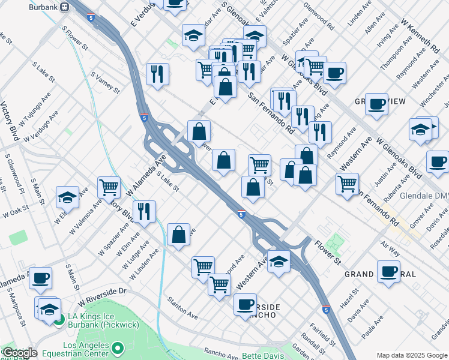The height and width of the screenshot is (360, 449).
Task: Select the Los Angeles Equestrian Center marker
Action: [118, 347]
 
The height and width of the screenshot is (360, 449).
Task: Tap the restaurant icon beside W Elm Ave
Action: [144, 211]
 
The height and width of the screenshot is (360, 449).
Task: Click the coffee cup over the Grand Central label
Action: [388, 271]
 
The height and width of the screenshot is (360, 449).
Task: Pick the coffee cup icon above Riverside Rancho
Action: [245, 304]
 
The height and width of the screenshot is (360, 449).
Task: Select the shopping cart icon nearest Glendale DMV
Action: [348, 184]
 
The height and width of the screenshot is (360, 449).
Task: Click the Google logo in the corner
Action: [19, 353]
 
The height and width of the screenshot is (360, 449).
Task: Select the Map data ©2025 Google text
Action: [411, 355]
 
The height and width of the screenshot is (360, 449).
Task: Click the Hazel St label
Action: [352, 298]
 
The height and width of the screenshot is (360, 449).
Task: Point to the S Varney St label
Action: [105, 83]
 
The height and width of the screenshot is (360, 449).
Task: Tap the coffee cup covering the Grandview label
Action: [376, 103]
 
